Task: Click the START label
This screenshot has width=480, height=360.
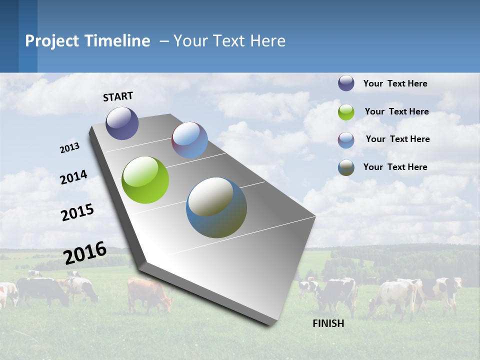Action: tap(118, 96)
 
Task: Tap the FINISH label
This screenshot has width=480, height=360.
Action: tap(328, 323)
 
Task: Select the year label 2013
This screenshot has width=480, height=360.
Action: tap(69, 148)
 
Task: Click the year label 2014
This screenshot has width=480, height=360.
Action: tap(74, 177)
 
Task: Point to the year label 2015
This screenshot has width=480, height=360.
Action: tap(77, 212)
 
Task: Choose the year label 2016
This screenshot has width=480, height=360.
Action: tap(85, 253)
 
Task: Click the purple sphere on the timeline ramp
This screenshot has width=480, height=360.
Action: tap(122, 123)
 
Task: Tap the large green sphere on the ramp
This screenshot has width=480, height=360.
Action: tap(145, 180)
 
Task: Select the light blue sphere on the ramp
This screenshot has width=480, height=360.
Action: tap(189, 140)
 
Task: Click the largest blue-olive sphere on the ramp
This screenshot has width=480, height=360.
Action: tap(216, 207)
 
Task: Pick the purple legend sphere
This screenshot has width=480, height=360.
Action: tap(346, 83)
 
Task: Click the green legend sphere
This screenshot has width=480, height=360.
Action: tap(346, 112)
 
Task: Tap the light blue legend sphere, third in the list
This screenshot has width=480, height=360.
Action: tap(346, 140)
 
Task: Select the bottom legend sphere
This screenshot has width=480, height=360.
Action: tap(346, 167)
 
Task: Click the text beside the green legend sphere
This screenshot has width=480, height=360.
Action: tap(396, 111)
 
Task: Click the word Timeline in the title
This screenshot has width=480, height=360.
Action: tap(118, 41)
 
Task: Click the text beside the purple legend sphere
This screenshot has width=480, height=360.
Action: tap(395, 83)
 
